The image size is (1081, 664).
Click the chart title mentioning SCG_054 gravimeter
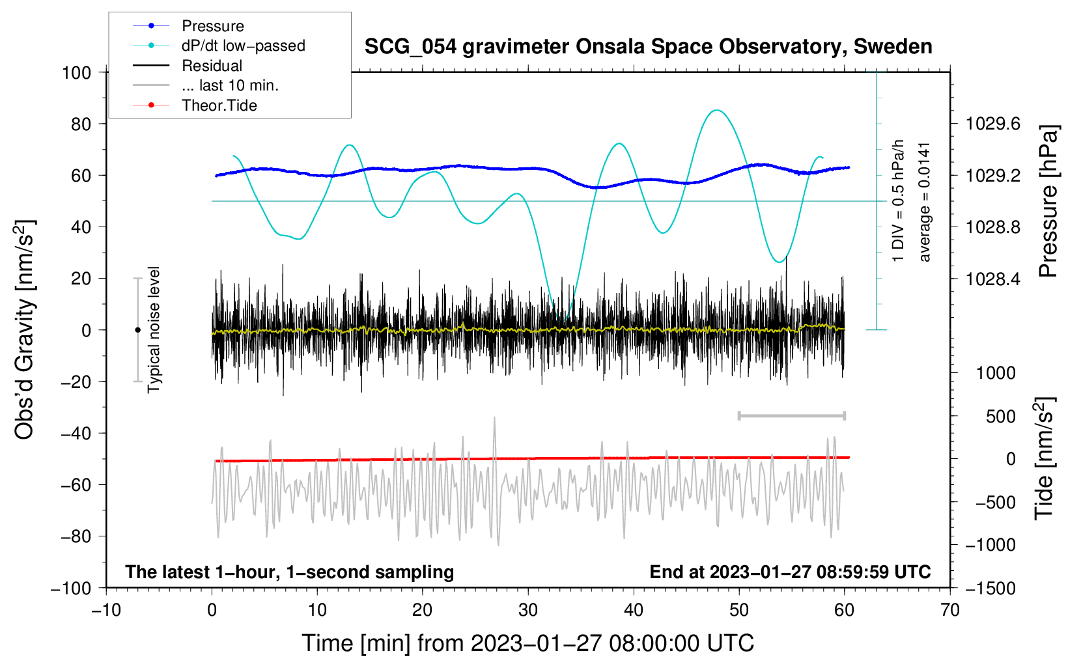point(648,47)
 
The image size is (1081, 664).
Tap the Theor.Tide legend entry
point(219,105)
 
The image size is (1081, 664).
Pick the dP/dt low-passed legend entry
point(243,46)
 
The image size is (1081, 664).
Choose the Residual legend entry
point(212,66)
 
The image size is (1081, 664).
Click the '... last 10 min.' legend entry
point(230,85)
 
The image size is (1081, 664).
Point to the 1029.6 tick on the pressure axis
point(992,124)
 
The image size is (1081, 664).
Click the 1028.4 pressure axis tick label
point(992,279)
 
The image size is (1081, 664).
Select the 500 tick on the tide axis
point(1000,416)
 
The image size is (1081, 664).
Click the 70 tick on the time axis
point(950,610)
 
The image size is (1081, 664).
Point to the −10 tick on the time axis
point(106,610)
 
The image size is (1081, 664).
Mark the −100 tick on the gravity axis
point(71,588)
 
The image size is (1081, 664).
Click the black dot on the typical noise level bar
point(137,330)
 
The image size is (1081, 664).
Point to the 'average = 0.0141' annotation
point(925,202)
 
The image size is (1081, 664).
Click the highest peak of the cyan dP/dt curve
point(716,110)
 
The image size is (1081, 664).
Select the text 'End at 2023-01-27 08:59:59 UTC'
point(790,572)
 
